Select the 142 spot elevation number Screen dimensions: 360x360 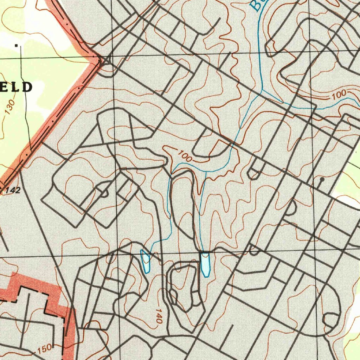coord(13,191)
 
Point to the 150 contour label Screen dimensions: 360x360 coord(44,349)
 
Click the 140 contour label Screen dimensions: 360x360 coord(158,316)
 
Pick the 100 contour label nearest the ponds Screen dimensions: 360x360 coord(185,156)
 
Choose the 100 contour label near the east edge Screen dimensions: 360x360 coord(339,95)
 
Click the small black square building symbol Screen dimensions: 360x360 coord(16,45)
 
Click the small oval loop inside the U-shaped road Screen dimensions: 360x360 coord(174,295)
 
